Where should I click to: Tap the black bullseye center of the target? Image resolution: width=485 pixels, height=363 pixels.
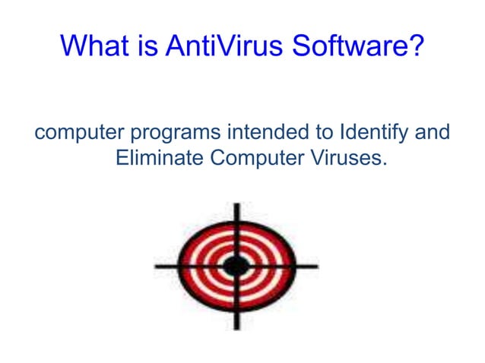click(x=236, y=266)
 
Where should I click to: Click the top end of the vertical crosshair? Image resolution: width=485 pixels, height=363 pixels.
click(x=236, y=205)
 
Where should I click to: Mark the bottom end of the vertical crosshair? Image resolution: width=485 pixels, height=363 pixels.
click(x=236, y=327)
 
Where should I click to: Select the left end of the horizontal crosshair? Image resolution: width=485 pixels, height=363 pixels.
click(x=157, y=266)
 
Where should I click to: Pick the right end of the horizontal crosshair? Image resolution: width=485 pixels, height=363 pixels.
click(x=316, y=266)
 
